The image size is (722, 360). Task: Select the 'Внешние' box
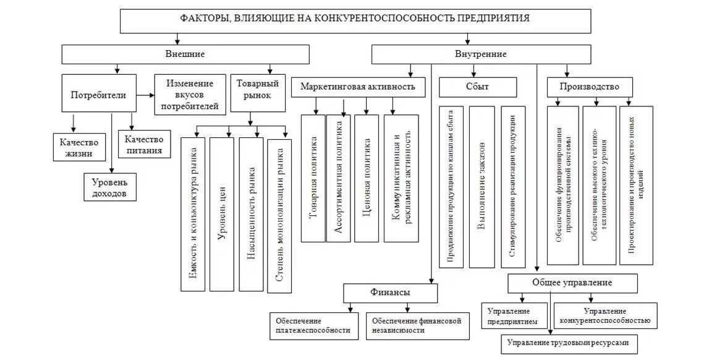(x=185, y=54)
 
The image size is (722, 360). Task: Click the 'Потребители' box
(x=98, y=95)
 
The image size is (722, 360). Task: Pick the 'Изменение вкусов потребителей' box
(x=190, y=95)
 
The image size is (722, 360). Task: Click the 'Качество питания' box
(x=143, y=145)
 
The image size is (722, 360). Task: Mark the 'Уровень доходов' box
(x=109, y=187)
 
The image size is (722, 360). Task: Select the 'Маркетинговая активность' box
(x=358, y=87)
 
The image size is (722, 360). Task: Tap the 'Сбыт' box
(x=477, y=87)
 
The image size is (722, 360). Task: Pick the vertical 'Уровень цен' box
(x=222, y=213)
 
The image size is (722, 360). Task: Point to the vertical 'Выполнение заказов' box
(x=482, y=186)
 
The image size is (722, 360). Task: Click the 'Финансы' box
(x=390, y=292)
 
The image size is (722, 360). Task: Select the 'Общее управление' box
(x=572, y=283)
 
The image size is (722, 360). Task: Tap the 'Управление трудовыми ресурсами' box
(x=568, y=343)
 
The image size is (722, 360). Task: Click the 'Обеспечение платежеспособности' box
(x=314, y=325)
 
